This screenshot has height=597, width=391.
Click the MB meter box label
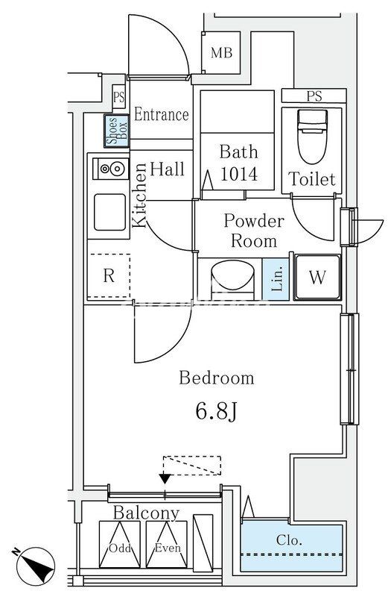point(221,52)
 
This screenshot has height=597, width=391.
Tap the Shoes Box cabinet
point(117,131)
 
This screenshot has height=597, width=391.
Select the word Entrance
point(162,114)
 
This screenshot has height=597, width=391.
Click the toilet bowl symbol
point(312,136)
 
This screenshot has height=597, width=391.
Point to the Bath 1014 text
point(239,163)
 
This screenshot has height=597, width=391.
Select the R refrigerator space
point(109,275)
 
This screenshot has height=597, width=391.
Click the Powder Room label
point(254,231)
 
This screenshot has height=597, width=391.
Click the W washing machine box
point(318,277)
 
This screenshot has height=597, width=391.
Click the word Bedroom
point(217,378)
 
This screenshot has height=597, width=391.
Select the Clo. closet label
point(289,540)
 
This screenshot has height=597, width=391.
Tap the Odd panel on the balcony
point(120,545)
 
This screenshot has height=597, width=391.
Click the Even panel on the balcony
point(167,545)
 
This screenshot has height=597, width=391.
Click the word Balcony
point(146,513)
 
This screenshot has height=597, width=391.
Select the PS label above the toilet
point(314,96)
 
